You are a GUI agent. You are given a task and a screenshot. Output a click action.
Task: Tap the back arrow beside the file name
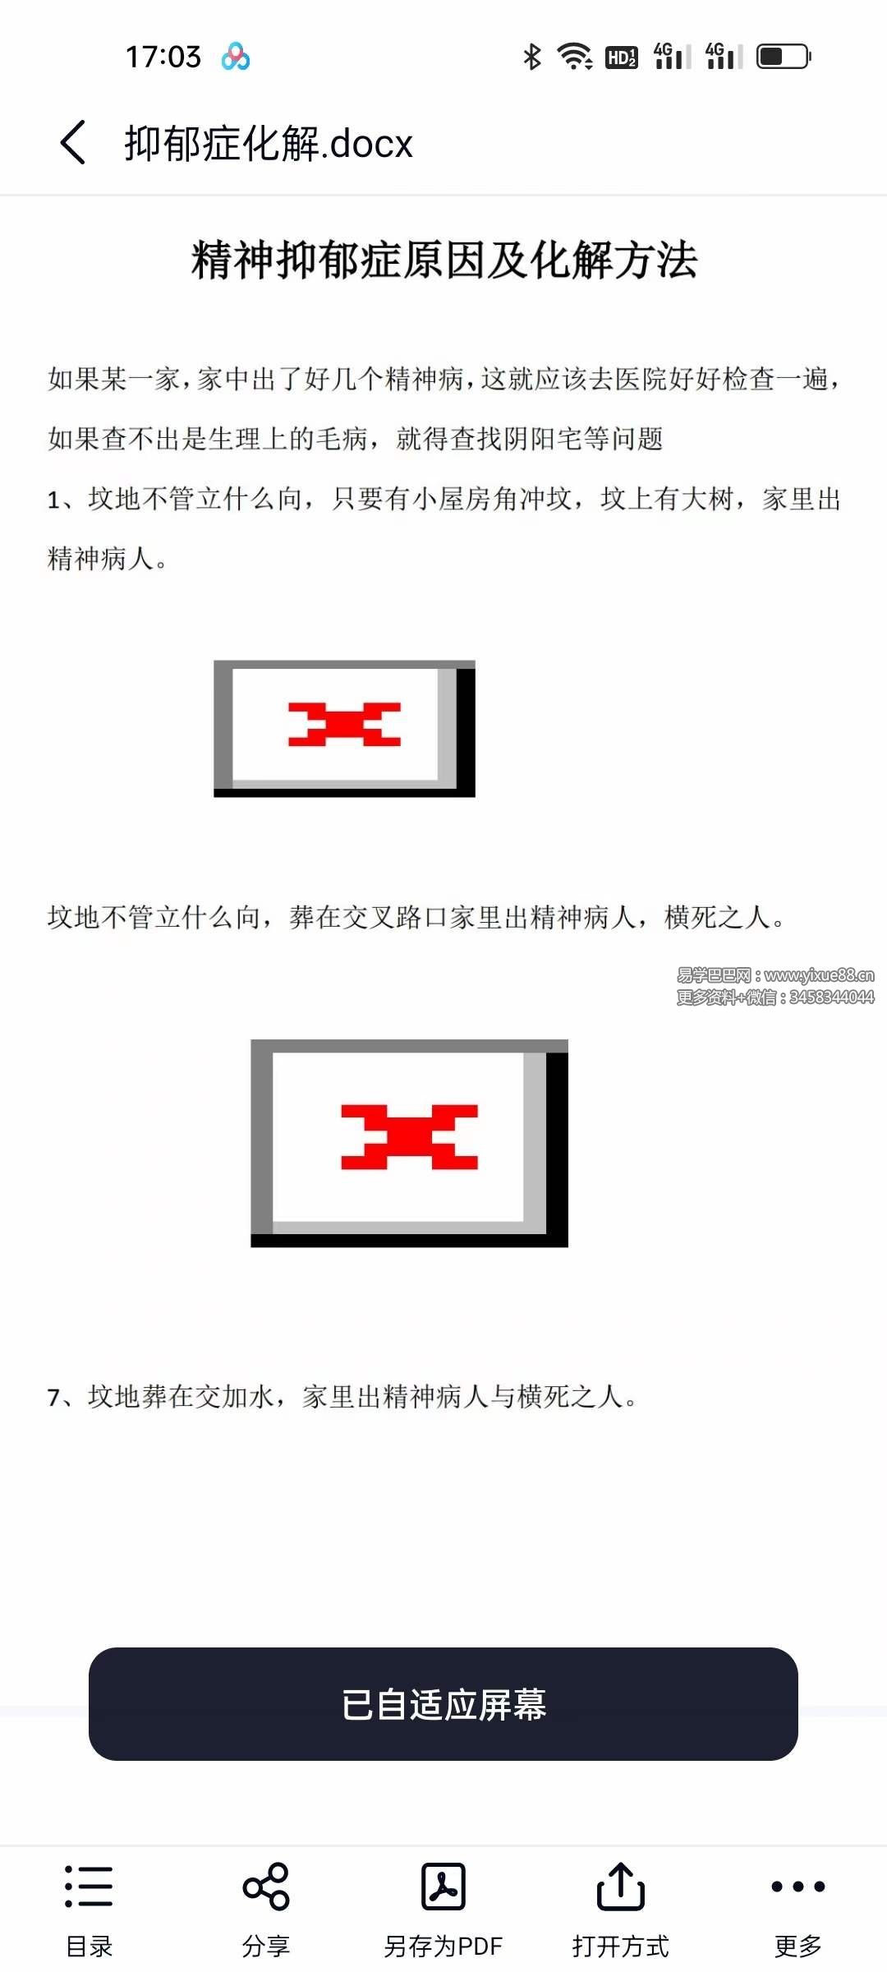(x=73, y=142)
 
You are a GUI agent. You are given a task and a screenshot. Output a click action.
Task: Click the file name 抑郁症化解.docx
(x=268, y=144)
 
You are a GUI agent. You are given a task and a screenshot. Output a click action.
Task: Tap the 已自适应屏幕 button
(x=443, y=1704)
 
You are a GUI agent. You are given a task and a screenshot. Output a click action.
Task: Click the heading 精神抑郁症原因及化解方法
(x=443, y=260)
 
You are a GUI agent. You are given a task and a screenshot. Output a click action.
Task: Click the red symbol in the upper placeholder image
(x=344, y=724)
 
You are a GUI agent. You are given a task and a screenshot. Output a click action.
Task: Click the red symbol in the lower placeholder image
(x=409, y=1137)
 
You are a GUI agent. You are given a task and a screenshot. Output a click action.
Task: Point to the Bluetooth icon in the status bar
(x=532, y=57)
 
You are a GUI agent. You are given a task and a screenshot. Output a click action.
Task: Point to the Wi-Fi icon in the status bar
(x=575, y=57)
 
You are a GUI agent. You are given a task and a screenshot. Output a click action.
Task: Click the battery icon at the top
(x=783, y=57)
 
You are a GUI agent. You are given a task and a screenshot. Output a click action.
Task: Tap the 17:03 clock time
(x=163, y=57)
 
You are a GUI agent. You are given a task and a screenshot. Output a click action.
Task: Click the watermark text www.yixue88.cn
(x=818, y=975)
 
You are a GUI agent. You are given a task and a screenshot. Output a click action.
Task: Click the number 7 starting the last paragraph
(x=54, y=1398)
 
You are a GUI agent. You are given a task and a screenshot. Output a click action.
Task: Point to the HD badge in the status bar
(x=621, y=58)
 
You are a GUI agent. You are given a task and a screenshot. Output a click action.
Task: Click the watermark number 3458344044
(x=831, y=998)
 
